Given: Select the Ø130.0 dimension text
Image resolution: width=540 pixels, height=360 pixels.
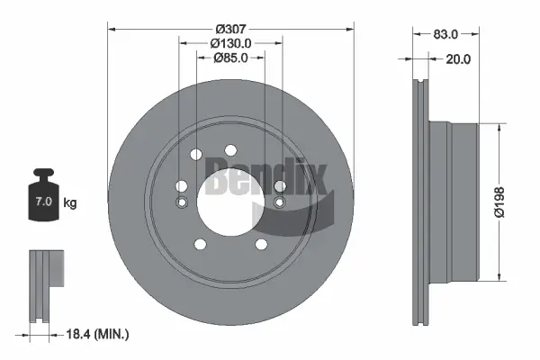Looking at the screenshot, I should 230,42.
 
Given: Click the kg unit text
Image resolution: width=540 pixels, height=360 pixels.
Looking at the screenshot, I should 70,203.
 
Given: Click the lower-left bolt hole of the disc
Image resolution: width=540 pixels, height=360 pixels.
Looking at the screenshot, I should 199,244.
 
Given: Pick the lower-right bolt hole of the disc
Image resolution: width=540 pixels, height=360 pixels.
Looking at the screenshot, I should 261,244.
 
